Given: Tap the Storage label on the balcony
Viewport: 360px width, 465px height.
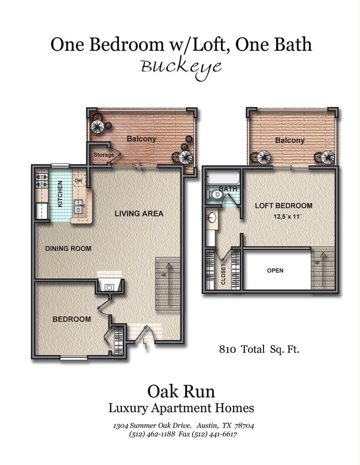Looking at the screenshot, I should [103, 155].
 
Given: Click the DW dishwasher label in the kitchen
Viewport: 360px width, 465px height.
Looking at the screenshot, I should [78, 180].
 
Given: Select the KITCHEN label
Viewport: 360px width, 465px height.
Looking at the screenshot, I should [60, 193].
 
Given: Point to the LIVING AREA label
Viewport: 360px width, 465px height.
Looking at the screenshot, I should [139, 213].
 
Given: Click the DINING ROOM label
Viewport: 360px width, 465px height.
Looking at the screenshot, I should [68, 248].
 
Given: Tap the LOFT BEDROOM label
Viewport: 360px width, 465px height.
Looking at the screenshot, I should [283, 206].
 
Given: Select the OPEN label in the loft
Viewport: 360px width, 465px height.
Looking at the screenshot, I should [275, 271].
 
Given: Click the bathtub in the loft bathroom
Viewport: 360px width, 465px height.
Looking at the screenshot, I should [223, 177].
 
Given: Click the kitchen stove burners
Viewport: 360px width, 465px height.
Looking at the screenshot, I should [41, 181].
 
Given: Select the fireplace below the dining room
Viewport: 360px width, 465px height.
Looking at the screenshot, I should [109, 285].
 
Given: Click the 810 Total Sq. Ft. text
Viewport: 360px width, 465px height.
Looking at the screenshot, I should [259, 349].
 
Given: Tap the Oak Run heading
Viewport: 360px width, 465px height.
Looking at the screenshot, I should [181, 391].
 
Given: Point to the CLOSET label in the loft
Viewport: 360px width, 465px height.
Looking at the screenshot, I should [223, 273].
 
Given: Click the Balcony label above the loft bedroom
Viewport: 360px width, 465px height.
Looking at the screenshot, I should [289, 140].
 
